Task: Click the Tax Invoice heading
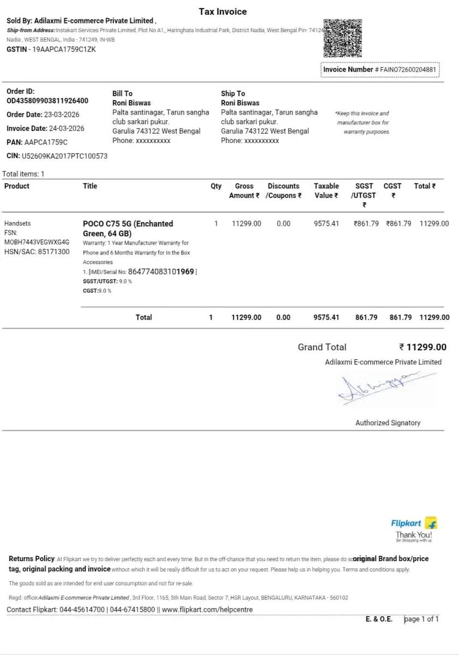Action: tap(223, 11)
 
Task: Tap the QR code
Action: tap(342, 38)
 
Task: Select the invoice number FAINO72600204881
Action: tap(408, 70)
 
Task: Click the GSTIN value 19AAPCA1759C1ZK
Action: tap(64, 49)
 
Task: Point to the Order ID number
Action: tap(47, 100)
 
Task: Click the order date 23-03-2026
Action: tap(61, 115)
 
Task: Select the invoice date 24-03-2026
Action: tap(67, 128)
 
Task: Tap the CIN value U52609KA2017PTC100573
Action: tap(64, 156)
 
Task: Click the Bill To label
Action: tap(122, 93)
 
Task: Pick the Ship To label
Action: tap(233, 93)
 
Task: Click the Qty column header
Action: tap(216, 186)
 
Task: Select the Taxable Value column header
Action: tap(326, 190)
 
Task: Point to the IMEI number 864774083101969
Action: tap(161, 271)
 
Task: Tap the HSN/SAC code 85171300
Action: tap(53, 252)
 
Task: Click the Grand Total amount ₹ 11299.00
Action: tap(422, 347)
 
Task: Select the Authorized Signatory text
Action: tap(388, 423)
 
